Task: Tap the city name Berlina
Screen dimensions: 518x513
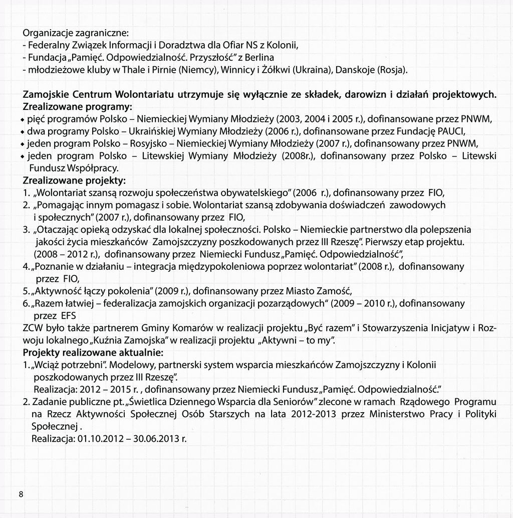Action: (x=260, y=57)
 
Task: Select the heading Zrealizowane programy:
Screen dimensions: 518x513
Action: (x=78, y=107)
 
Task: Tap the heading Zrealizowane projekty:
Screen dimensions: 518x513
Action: (x=74, y=180)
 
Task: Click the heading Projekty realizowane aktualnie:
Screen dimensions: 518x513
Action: (x=93, y=353)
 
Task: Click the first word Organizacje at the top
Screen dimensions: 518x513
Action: (x=47, y=34)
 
